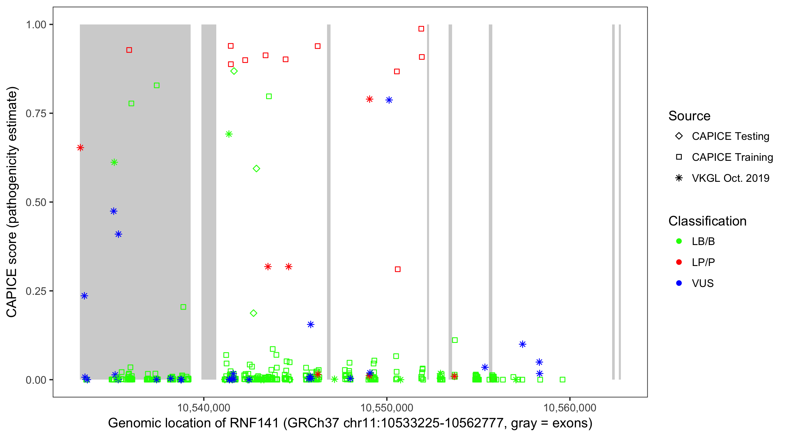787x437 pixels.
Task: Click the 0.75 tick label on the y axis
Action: coord(36,114)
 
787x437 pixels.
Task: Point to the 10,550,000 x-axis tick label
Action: coord(387,408)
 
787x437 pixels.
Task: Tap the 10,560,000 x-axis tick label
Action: coord(570,408)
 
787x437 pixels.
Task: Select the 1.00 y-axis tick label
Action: coord(36,25)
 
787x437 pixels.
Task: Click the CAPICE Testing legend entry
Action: coord(730,136)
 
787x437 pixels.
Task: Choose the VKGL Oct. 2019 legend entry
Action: coord(730,178)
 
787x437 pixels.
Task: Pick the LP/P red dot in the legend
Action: coord(679,262)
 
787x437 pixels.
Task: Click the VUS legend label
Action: coord(703,283)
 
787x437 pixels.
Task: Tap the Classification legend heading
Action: coord(707,221)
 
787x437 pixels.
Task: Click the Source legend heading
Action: coord(689,116)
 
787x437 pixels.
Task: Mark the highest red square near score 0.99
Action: coord(421,29)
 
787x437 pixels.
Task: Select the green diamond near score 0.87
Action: coord(234,71)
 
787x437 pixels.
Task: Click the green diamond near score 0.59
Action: coord(256,169)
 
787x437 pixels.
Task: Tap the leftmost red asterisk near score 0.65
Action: coord(80,148)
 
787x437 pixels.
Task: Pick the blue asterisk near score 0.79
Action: coord(389,100)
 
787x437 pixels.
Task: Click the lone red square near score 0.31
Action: coord(398,269)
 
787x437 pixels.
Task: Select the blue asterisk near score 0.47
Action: coord(114,211)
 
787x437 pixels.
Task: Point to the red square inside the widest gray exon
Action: coord(129,50)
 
